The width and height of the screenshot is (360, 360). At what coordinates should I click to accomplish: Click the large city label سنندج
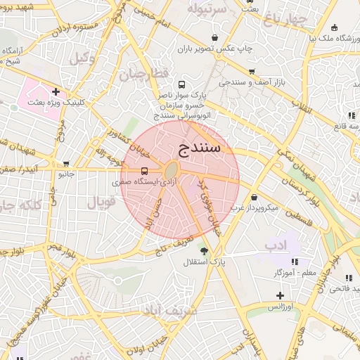coord(196,148)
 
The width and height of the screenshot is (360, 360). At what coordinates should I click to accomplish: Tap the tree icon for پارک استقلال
coord(205,251)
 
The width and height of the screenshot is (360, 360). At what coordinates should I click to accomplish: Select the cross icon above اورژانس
coord(280,295)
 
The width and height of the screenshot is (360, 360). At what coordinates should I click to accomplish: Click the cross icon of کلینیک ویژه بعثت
coord(55,91)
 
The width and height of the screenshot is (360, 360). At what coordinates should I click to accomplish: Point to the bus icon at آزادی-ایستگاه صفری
coord(144,171)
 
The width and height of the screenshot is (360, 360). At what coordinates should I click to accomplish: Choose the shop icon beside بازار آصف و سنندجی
coord(252,72)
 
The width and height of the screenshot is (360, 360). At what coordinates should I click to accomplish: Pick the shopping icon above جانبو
coord(66,163)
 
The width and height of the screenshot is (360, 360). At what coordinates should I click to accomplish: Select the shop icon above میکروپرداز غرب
coord(254,198)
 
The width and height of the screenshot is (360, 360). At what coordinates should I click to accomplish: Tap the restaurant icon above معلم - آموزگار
coord(295,262)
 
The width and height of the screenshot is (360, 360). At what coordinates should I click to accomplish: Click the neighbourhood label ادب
coord(276,245)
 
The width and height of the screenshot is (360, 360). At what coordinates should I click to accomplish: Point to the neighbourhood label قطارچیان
coord(143,74)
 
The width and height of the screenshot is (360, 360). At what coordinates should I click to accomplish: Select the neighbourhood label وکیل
coord(82,58)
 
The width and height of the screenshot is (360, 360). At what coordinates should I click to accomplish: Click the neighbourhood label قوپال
coord(101,203)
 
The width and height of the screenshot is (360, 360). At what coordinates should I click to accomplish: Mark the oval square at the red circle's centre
coord(172,170)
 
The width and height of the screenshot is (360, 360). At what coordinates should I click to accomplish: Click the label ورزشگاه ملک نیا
coord(322,39)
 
